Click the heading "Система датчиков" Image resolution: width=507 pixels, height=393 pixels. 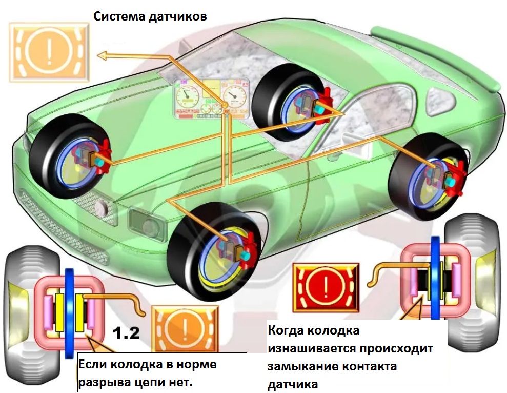tap(150, 16)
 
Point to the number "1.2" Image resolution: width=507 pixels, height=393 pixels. tap(126, 334)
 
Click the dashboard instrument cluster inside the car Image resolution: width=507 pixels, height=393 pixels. tap(211, 99)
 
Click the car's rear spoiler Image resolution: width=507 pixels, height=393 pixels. tap(436, 56)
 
